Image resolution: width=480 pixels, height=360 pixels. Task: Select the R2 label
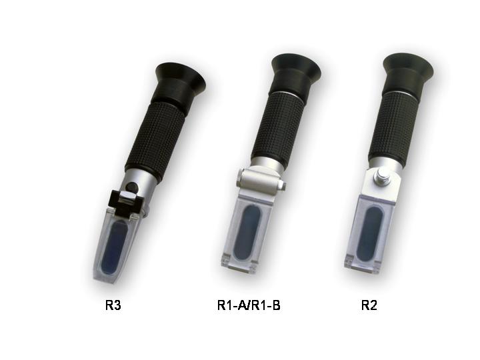point(369,307)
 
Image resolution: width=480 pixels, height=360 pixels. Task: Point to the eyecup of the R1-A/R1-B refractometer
point(295,67)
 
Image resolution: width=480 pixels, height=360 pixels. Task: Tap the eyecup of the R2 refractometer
point(408,67)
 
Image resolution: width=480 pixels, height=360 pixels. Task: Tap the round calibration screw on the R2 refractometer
point(383,177)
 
